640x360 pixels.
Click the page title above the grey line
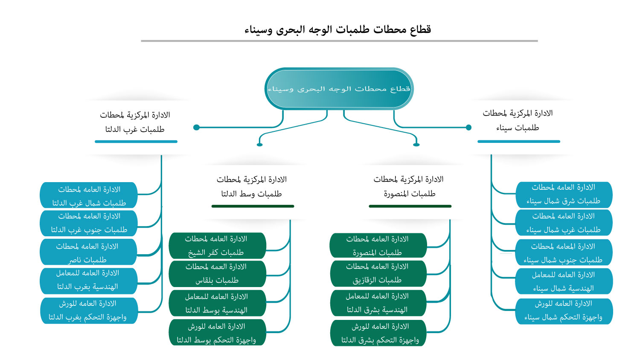pos(337,29)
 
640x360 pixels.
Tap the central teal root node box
pos(339,89)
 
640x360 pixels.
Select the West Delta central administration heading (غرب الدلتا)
pos(135,122)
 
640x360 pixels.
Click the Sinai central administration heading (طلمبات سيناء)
pos(518,120)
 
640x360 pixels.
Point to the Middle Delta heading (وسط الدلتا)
pos(252,186)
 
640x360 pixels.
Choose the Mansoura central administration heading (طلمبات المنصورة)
pos(409,186)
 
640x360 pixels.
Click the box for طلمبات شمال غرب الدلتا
pos(89,196)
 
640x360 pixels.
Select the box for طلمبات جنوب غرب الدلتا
pos(89,223)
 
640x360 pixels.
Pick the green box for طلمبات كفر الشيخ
pos(217,246)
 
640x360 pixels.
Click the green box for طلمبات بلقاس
pos(217,273)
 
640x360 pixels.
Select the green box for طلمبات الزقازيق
pos(378,273)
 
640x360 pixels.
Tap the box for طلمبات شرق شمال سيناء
pos(564,194)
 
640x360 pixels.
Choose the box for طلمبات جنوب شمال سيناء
pos(564,253)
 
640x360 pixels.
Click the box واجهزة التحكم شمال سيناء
pos(564,311)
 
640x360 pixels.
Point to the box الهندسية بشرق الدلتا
pos(378,303)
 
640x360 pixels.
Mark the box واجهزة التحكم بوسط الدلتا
pos(217,333)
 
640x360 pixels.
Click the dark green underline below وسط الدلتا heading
pos(253,206)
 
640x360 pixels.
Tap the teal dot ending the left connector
pos(196,127)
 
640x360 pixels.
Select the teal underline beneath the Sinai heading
pos(518,142)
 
